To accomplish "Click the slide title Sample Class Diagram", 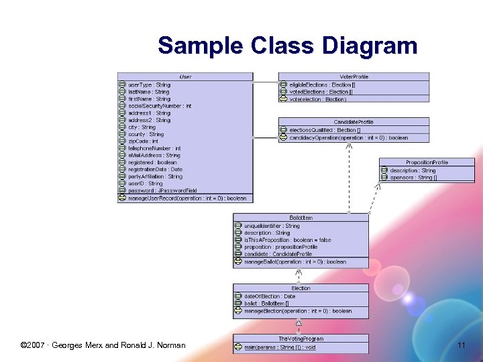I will click(287, 46).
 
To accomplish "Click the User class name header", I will click(185, 76).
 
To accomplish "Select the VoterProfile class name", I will click(354, 76).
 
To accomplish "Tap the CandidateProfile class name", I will click(354, 122).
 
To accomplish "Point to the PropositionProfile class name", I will click(427, 162).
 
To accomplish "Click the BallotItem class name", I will click(301, 218).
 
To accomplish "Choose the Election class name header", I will click(301, 288).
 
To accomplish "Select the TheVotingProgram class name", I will click(301, 339).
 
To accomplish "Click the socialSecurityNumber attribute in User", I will click(160, 106).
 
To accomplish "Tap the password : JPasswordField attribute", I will click(162, 190).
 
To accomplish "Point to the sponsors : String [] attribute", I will click(413, 178).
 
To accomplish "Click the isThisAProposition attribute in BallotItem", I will click(287, 240).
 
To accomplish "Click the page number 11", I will click(461, 345).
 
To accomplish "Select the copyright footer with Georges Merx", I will click(103, 345).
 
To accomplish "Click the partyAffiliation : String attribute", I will click(155, 176).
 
